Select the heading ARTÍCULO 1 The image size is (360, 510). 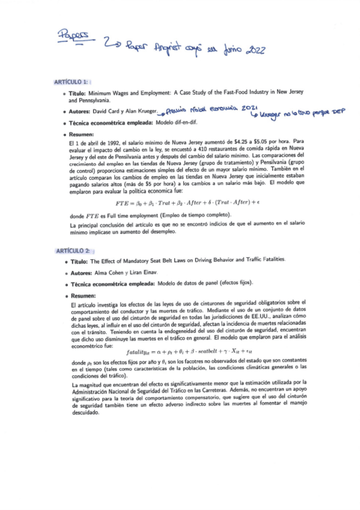(71, 81)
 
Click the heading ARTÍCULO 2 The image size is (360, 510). (72, 250)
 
